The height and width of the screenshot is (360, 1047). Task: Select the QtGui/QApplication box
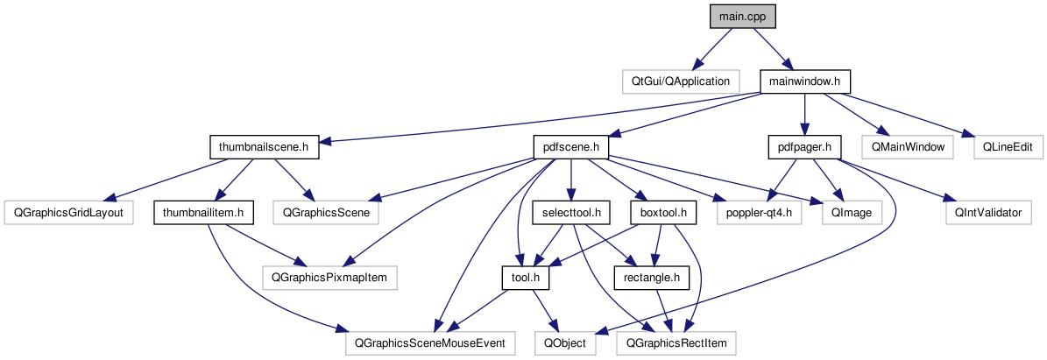(x=680, y=81)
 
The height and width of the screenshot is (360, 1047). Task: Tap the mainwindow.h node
(x=804, y=81)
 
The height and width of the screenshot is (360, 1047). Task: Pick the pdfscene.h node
(x=571, y=146)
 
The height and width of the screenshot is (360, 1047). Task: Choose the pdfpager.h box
(x=804, y=146)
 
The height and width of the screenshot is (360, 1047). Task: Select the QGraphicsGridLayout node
(x=66, y=212)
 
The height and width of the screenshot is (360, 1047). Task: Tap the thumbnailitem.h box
(x=203, y=212)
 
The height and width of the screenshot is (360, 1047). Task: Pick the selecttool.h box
(x=570, y=212)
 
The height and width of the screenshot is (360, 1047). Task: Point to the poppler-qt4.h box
(x=759, y=212)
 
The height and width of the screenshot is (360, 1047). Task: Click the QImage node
(x=846, y=212)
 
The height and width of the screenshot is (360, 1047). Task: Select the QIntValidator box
(x=987, y=212)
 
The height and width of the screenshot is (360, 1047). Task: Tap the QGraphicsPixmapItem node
(x=330, y=278)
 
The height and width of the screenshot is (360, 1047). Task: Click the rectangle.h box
(x=653, y=278)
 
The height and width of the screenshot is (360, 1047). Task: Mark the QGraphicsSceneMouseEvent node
(x=430, y=343)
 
